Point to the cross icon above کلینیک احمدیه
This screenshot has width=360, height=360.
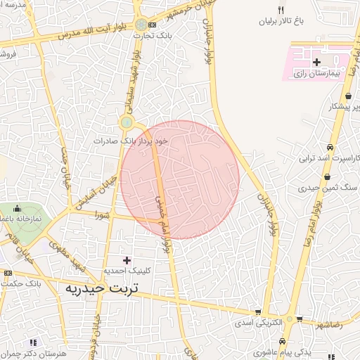coord(127,260)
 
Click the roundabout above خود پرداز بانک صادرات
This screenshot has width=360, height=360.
coord(127,123)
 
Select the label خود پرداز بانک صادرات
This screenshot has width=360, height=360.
coord(132,141)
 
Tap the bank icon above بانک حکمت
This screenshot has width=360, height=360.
coord(7,273)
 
